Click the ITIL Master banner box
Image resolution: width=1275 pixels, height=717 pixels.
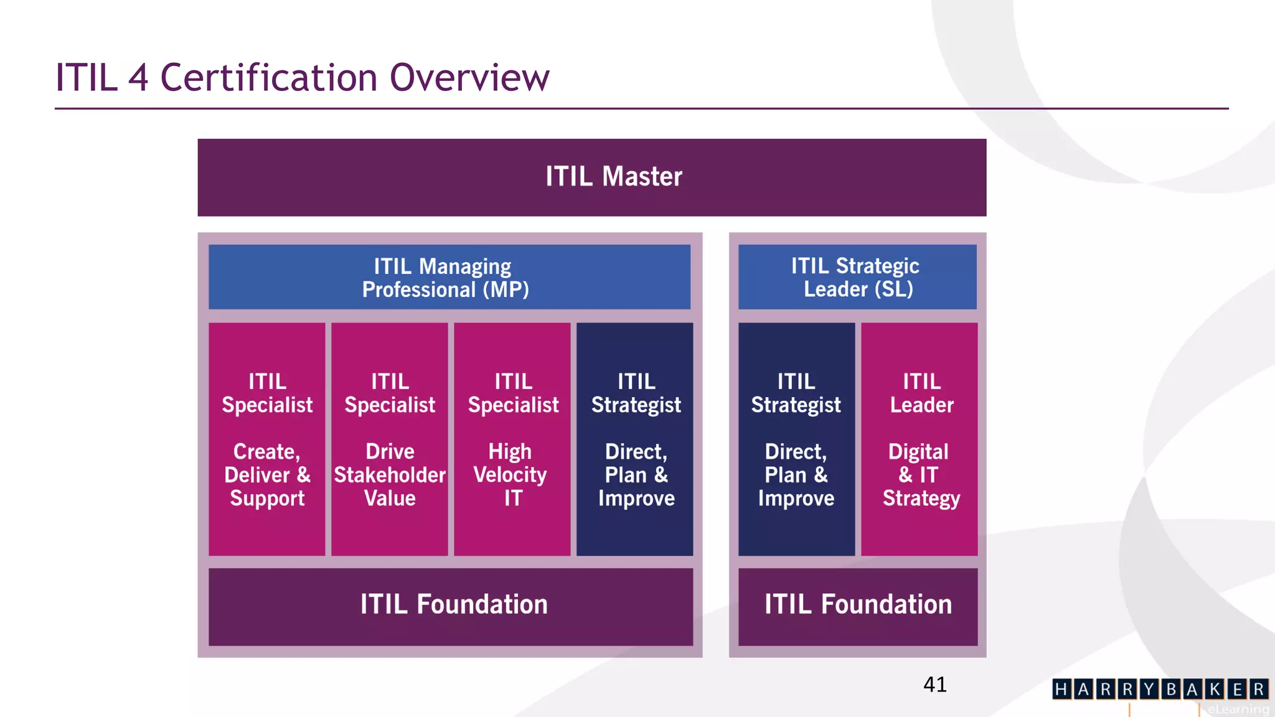click(591, 177)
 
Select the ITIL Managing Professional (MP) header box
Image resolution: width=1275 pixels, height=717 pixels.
click(449, 277)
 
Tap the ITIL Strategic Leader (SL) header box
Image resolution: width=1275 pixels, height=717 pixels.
click(857, 277)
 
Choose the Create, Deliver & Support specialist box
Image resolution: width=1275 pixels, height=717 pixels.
click(266, 439)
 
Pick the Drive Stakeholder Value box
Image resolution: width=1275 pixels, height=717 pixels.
click(389, 439)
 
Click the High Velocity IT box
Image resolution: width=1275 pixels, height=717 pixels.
click(512, 439)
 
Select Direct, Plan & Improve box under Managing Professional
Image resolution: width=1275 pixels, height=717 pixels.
click(634, 439)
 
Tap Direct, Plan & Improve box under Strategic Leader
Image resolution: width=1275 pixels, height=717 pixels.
click(796, 439)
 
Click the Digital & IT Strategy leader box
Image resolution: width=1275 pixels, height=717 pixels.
click(919, 439)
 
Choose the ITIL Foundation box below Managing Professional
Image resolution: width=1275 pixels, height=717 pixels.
click(450, 606)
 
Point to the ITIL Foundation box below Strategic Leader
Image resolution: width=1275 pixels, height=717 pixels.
click(857, 606)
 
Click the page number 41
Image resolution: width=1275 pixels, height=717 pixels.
click(934, 685)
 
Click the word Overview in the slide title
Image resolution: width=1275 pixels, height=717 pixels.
click(469, 78)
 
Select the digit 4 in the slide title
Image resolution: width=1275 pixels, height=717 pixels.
click(138, 78)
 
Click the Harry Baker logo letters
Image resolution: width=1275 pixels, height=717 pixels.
click(1160, 689)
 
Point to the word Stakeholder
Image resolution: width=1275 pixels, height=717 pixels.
click(390, 476)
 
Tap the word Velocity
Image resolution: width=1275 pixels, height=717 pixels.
click(510, 476)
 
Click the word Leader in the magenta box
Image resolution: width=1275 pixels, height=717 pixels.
click(921, 405)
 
